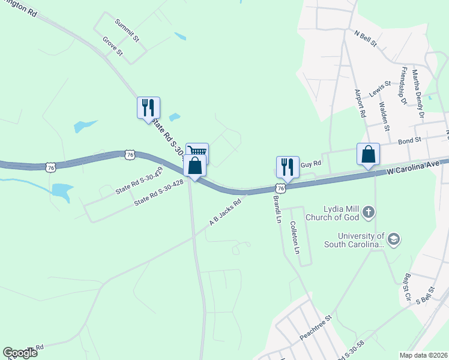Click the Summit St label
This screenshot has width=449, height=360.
pyautogui.click(x=127, y=30)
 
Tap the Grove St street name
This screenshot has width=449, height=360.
pyautogui.click(x=112, y=47)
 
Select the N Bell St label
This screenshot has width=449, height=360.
pyautogui.click(x=366, y=39)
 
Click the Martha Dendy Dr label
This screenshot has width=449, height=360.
pyautogui.click(x=418, y=94)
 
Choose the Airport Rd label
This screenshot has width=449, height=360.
pyautogui.click(x=360, y=103)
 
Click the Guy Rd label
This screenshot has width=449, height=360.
pyautogui.click(x=311, y=164)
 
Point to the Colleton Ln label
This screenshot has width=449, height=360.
pyautogui.click(x=294, y=238)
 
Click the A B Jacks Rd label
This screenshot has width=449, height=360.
pyautogui.click(x=225, y=212)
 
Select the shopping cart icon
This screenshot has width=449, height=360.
pyautogui.click(x=197, y=152)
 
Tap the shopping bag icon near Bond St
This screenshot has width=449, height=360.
pyautogui.click(x=368, y=154)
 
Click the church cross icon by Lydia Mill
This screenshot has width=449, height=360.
pyautogui.click(x=369, y=211)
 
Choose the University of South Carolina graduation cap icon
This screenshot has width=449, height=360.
pyautogui.click(x=393, y=239)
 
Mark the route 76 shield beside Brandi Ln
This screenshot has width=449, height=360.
pyautogui.click(x=282, y=188)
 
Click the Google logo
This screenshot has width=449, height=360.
pyautogui.click(x=20, y=353)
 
